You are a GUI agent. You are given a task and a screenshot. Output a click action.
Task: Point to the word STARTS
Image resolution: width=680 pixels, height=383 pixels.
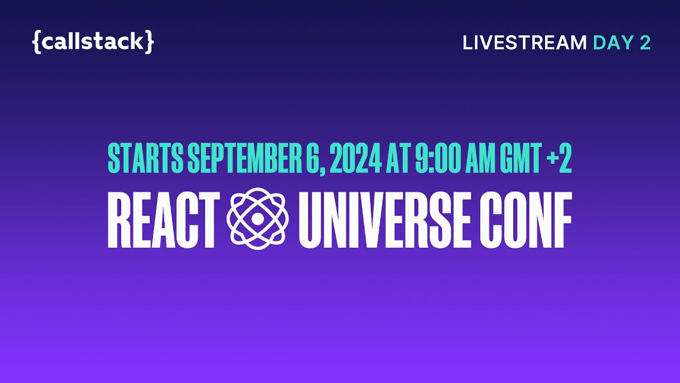click(145, 157)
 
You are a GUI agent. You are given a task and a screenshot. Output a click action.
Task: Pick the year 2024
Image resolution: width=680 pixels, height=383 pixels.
click(355, 157)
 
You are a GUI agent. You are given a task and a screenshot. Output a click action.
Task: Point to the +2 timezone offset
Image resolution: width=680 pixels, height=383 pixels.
click(559, 157)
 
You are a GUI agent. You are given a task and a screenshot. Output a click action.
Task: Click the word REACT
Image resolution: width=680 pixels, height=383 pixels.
click(164, 220)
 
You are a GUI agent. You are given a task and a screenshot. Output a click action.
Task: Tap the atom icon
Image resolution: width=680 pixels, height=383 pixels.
click(257, 219)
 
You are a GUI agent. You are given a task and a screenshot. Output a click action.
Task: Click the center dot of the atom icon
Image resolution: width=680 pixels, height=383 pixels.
click(257, 219)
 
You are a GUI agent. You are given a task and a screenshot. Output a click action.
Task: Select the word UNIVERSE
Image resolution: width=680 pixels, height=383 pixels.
click(385, 220)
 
